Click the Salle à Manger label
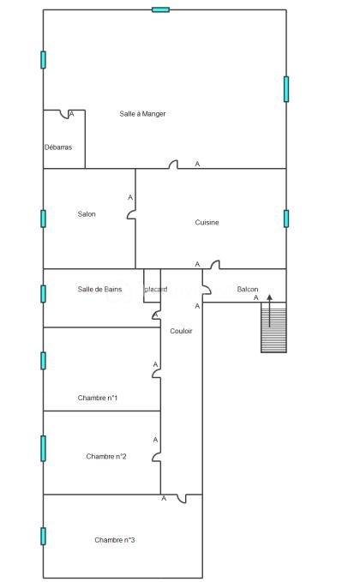[x=142, y=114]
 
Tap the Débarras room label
[x=57, y=147]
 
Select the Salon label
[x=87, y=214]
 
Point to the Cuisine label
[x=207, y=222]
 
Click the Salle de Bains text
[x=99, y=290]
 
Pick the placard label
[x=156, y=290]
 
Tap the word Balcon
[x=248, y=290]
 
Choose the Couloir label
[x=181, y=331]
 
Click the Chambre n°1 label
[x=98, y=398]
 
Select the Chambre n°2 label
[x=106, y=456]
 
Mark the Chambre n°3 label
[x=115, y=540]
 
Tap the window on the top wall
[x=160, y=9]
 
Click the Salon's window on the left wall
[x=43, y=218]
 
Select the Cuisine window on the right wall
[x=286, y=218]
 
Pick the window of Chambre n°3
[x=43, y=536]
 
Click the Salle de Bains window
[x=43, y=293]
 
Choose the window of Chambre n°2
[x=43, y=447]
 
